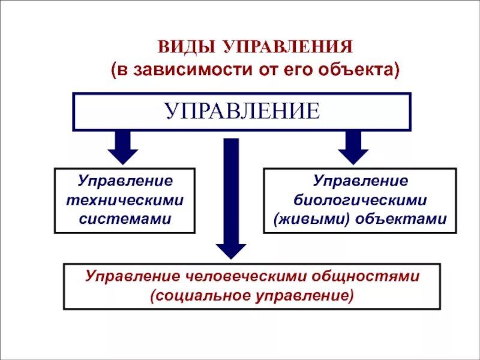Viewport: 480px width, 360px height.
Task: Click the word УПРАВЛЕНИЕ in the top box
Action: pyautogui.click(x=242, y=112)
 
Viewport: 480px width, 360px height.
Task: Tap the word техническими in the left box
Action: pyautogui.click(x=125, y=200)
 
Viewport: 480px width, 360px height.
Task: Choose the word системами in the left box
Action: pyautogui.click(x=125, y=218)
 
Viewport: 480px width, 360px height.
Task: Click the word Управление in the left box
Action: pyautogui.click(x=125, y=181)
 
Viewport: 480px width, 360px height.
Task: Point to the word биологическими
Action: pyautogui.click(x=361, y=200)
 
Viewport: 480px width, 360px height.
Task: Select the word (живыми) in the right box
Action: pyautogui.click(x=311, y=218)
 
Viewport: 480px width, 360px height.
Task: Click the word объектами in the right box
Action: pyautogui.click(x=401, y=218)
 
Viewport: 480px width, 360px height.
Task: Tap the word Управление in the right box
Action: pyautogui.click(x=361, y=181)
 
